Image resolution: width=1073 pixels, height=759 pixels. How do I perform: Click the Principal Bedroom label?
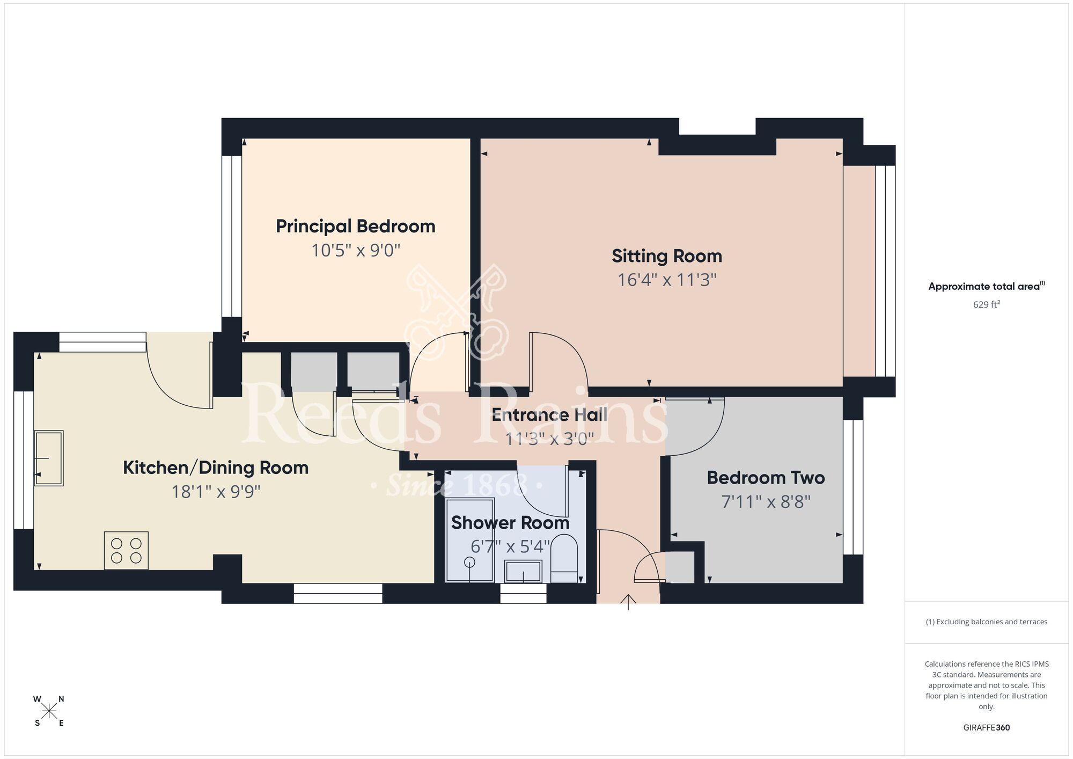(x=355, y=227)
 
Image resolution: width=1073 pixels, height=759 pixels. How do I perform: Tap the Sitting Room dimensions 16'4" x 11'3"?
(x=667, y=280)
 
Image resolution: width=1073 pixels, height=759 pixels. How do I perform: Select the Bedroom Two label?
(x=766, y=478)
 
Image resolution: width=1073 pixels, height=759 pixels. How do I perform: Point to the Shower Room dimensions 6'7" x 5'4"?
(x=510, y=546)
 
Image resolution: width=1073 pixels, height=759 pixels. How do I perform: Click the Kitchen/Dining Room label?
(x=216, y=468)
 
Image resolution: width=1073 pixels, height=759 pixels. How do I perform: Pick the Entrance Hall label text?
(x=549, y=415)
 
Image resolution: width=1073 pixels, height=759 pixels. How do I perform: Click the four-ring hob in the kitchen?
(x=126, y=551)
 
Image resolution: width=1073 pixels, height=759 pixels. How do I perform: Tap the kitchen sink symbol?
(x=49, y=458)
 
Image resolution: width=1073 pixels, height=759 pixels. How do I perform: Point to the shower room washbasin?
(x=523, y=571)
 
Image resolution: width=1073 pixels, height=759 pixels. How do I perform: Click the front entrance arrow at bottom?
(x=628, y=602)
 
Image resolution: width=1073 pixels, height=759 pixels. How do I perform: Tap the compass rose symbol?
(x=49, y=711)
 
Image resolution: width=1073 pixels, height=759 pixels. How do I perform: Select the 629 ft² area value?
(x=986, y=304)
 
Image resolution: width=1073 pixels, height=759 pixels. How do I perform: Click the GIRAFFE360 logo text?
(x=986, y=728)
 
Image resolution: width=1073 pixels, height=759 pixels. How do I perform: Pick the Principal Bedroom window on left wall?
(x=232, y=236)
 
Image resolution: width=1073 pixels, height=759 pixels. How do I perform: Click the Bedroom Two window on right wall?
(x=853, y=487)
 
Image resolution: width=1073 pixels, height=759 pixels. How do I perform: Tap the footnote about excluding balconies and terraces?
(x=986, y=622)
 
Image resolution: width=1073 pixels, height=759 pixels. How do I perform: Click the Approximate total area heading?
(x=986, y=286)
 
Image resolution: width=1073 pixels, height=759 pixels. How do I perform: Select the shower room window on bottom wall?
(x=523, y=594)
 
